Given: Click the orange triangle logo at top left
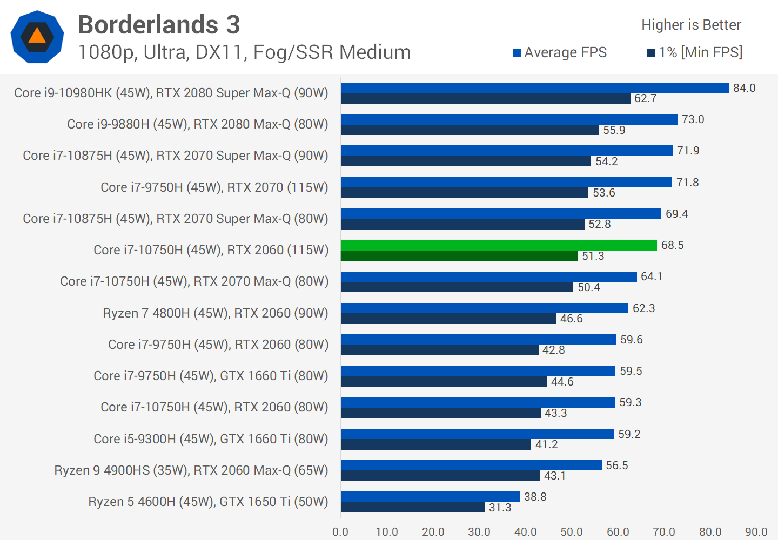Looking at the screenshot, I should [x=37, y=37].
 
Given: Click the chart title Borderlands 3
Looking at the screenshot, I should [x=159, y=25].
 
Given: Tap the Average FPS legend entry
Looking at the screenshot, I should [x=560, y=52].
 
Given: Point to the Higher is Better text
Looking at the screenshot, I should [x=691, y=25].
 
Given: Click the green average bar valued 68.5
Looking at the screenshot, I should [x=499, y=245].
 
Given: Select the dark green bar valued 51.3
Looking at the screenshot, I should [x=459, y=256].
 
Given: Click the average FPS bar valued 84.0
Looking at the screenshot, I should [x=535, y=87].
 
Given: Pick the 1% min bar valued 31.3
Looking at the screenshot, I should [x=413, y=508].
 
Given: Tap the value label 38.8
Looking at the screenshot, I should [x=535, y=497].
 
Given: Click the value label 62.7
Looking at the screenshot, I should [x=645, y=98].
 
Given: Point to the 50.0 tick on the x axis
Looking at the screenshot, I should [x=572, y=532].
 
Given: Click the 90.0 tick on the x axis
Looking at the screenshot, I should [x=756, y=532].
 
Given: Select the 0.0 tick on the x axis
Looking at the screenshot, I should [x=340, y=532].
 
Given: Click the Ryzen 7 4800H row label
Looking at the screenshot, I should [x=216, y=313].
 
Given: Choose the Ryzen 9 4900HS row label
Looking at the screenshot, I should [x=191, y=470].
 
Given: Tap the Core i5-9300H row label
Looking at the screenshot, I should [x=211, y=439].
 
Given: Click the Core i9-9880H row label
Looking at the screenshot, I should [x=198, y=124].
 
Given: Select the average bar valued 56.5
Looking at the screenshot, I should [x=471, y=465].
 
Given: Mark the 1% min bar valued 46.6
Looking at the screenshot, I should [x=448, y=319].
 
